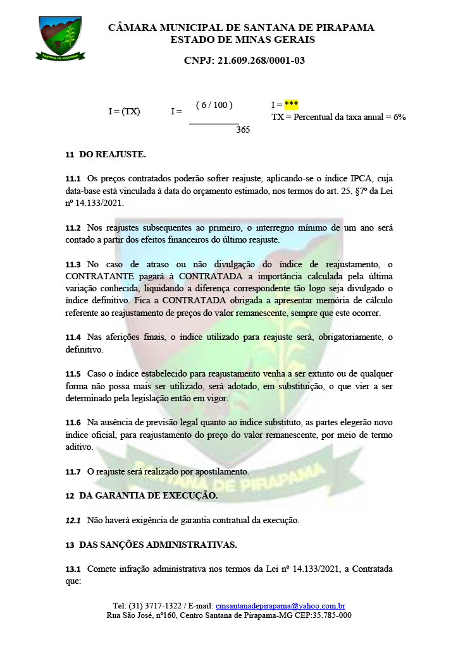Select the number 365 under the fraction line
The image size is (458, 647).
coord(244,130)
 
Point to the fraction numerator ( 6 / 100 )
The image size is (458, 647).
coord(214,105)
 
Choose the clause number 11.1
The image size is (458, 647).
coord(73,179)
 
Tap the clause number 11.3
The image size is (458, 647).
coord(73,263)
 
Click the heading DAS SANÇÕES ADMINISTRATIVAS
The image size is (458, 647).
coord(158,545)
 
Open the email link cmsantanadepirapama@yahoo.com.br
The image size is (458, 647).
coord(280,605)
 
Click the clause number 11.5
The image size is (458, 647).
coord(73,373)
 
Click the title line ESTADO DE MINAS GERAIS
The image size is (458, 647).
coord(242,40)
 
